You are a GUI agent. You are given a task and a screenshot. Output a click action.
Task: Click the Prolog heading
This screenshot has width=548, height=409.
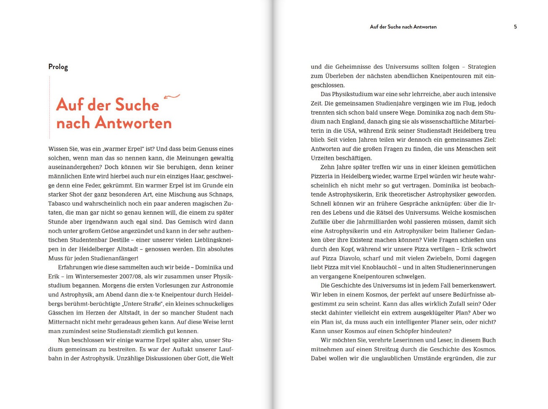click(x=58, y=67)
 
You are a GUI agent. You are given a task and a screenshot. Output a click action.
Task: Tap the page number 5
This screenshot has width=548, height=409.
click(x=515, y=27)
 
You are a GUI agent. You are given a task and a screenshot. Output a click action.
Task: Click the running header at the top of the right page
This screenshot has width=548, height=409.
click(x=403, y=27)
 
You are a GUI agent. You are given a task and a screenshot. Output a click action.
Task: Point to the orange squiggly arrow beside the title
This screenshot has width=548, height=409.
click(x=172, y=97)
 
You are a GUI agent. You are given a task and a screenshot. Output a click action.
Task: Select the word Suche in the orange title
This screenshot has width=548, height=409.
click(x=137, y=105)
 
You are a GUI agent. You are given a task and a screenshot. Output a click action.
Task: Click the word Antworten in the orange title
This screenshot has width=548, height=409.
click(x=133, y=123)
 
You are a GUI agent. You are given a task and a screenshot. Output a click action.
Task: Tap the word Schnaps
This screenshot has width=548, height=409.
click(x=221, y=194)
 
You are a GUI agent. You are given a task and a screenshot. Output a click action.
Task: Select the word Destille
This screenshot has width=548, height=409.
click(x=119, y=240)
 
